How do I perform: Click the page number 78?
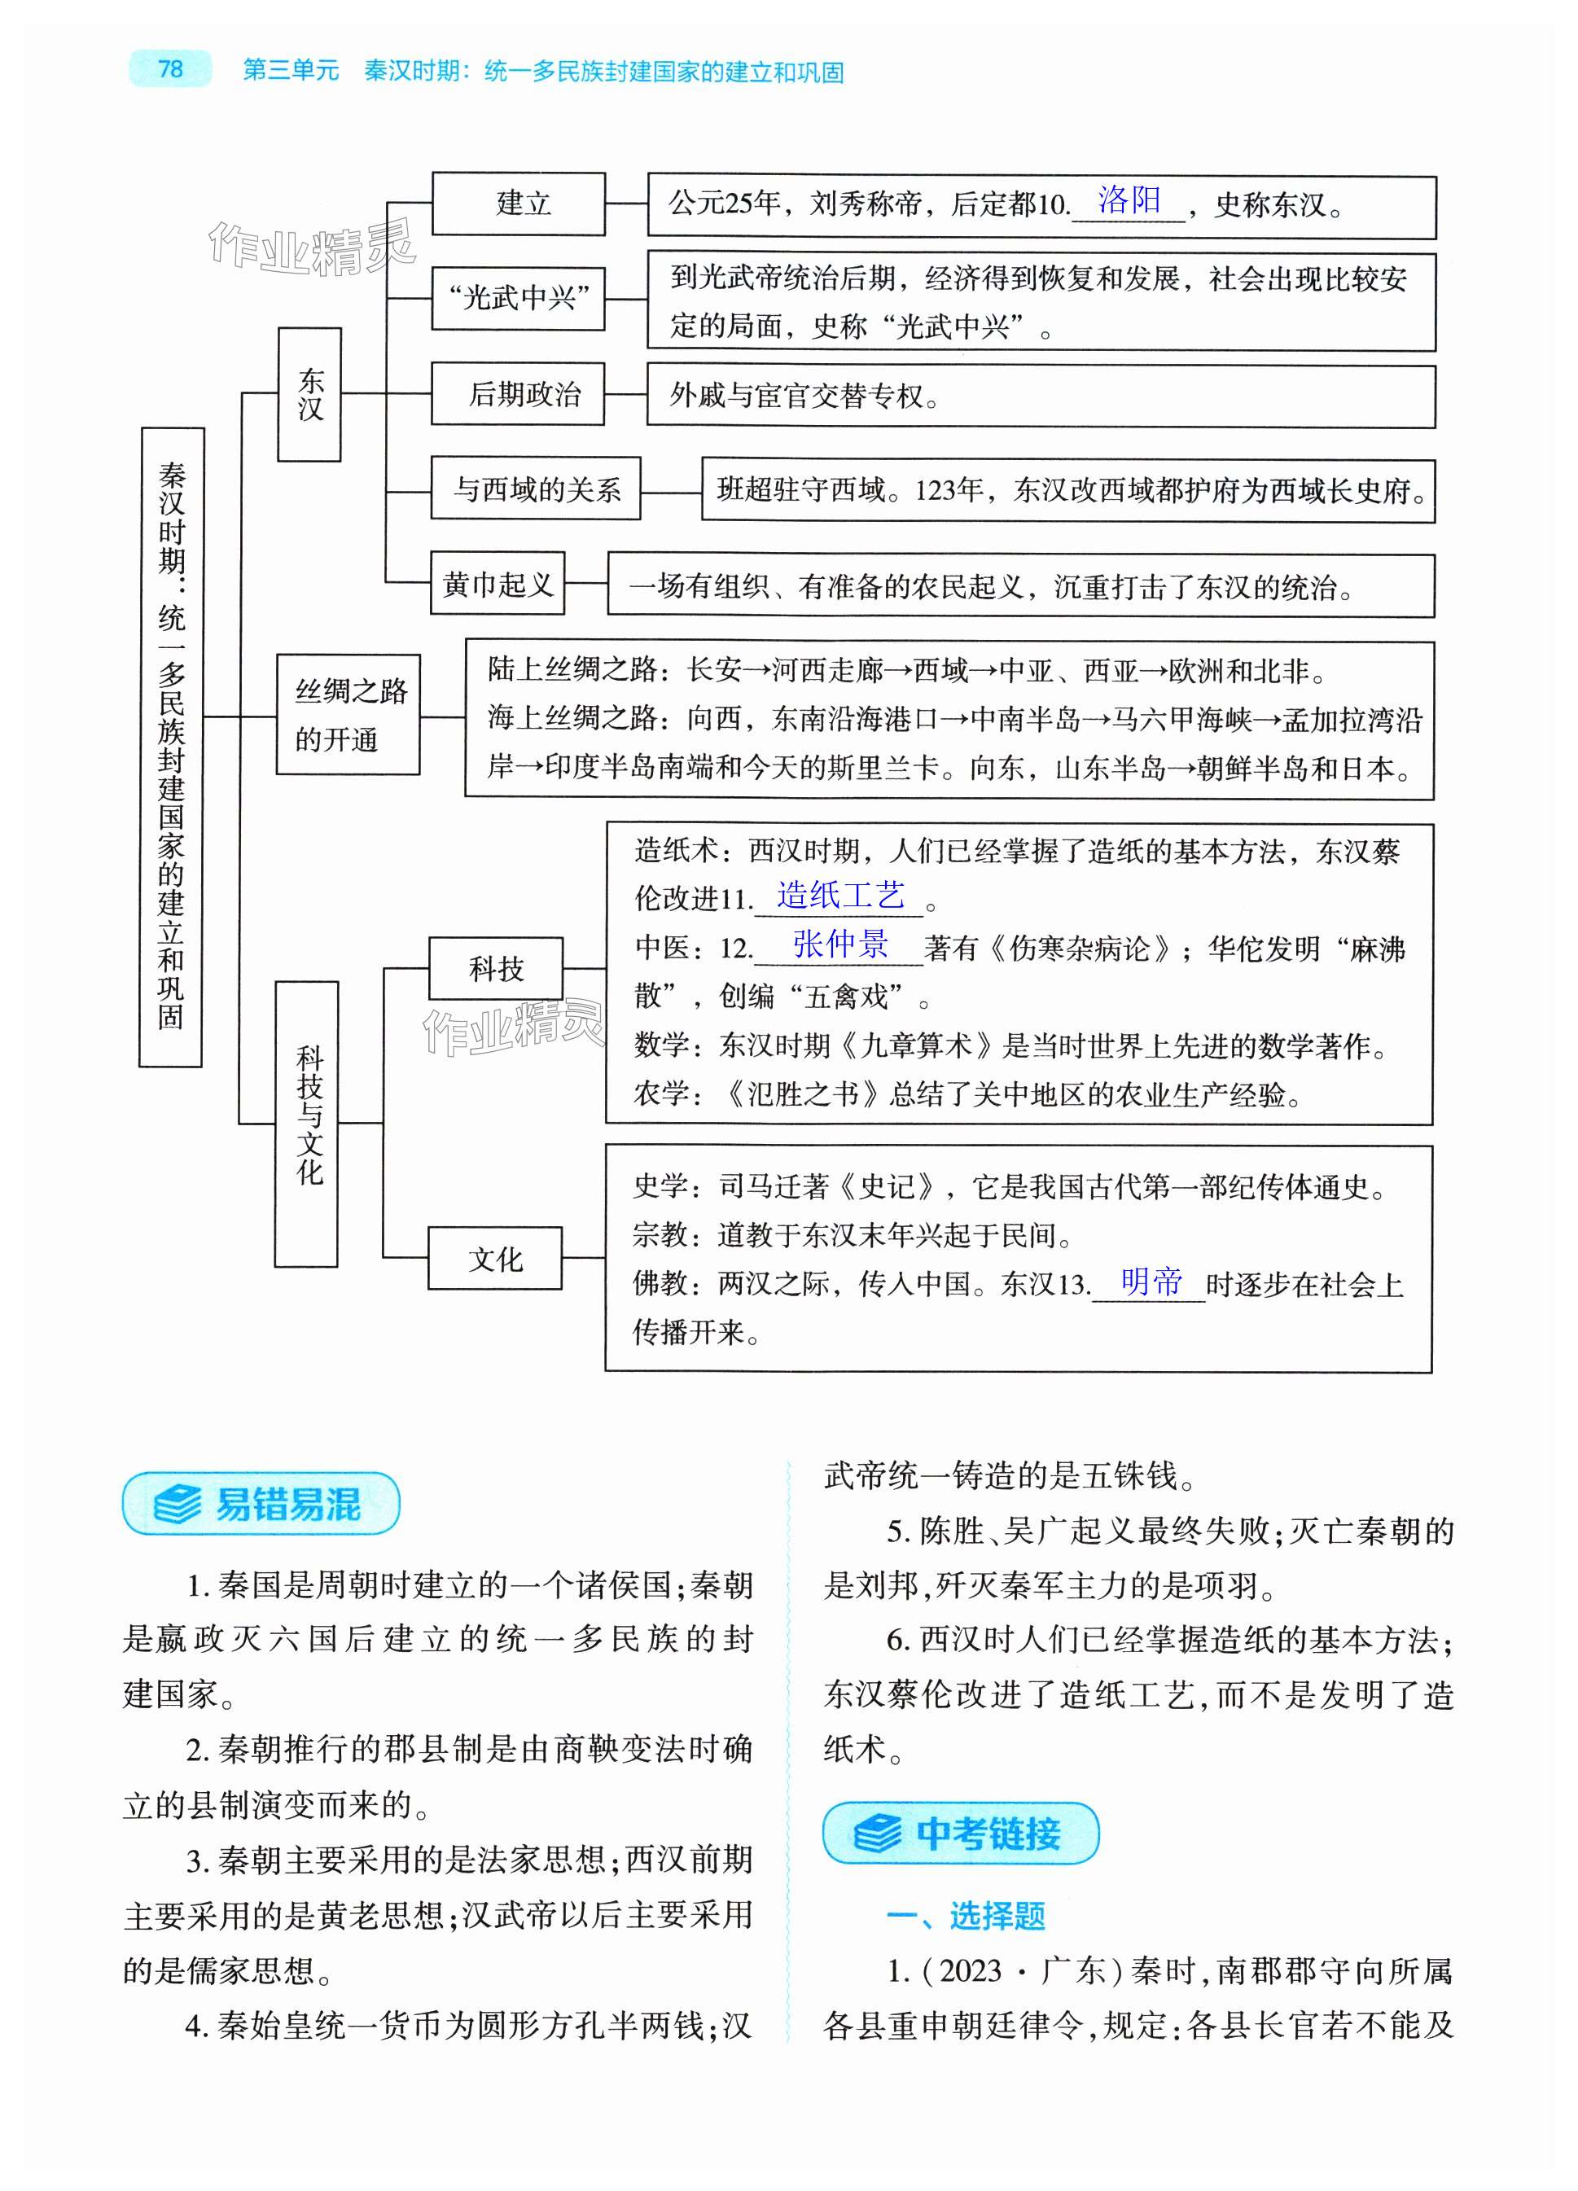170,68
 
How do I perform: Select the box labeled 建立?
518,203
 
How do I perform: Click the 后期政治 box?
518,393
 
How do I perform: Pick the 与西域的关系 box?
535,489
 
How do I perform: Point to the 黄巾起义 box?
497,584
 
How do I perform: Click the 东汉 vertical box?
309,394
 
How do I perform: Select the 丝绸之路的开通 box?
348,715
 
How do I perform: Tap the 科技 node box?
496,968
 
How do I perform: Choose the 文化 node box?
495,1258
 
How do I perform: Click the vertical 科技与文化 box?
307,1123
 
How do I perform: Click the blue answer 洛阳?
1129,200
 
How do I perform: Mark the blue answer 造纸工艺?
840,895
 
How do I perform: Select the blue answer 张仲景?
839,943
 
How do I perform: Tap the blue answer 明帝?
1151,1281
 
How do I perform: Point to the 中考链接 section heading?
988,1833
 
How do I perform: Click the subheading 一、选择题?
967,1915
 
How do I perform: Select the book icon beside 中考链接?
878,1833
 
